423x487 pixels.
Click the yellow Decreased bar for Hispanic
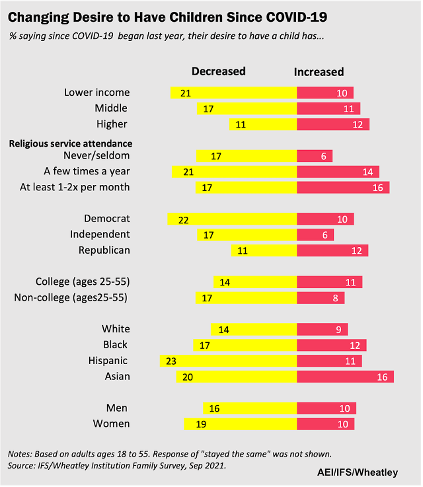coord(228,361)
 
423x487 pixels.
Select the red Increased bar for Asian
coord(345,377)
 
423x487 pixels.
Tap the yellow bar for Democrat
coord(232,219)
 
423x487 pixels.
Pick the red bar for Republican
coord(332,250)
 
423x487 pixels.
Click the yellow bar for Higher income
coord(263,124)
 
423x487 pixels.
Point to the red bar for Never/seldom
coord(315,156)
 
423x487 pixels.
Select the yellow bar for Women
coord(240,424)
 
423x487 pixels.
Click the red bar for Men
coord(327,408)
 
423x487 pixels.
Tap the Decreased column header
coord(218,71)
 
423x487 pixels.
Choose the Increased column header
coord(319,71)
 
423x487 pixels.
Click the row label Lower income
coord(96,93)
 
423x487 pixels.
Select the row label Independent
coord(100,235)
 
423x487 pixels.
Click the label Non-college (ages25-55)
coord(71,298)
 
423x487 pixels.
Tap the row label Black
coord(116,345)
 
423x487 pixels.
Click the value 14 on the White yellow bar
coord(224,329)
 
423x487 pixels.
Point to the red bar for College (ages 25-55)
coord(329,282)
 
